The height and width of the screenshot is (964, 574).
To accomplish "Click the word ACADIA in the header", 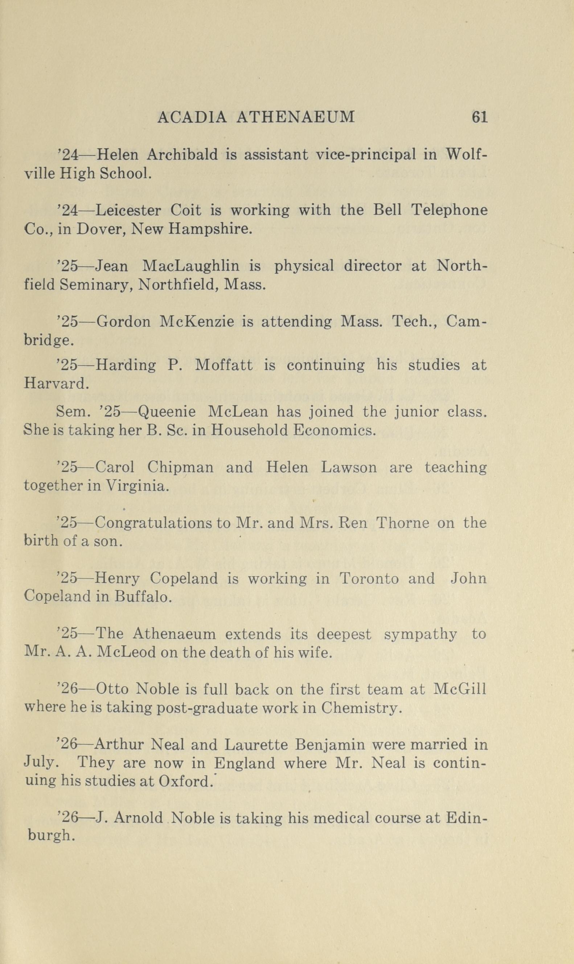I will tap(192, 117).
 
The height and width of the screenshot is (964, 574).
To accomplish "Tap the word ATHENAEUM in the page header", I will tap(295, 117).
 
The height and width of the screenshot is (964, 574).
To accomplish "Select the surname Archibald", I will tap(183, 155).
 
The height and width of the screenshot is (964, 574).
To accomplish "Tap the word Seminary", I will tap(96, 286).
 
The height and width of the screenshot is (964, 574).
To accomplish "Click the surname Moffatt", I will tap(224, 365).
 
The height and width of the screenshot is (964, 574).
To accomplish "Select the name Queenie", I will tap(166, 412).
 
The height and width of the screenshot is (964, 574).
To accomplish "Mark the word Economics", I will tap(334, 430).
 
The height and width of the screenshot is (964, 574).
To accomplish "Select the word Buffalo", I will tap(143, 597).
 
